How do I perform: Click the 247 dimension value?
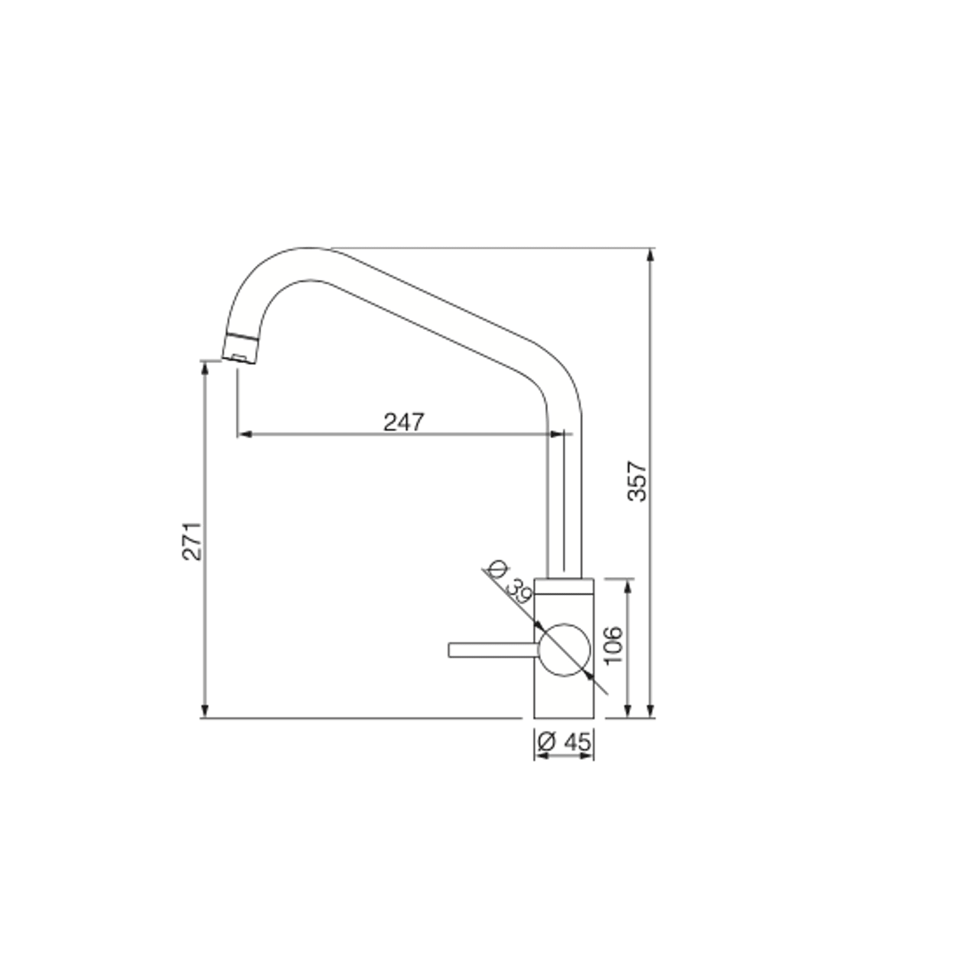click(x=404, y=422)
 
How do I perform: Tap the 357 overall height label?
click(x=637, y=481)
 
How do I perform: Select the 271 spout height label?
click(x=192, y=541)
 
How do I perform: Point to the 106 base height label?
click(x=613, y=645)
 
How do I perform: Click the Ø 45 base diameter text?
click(x=564, y=742)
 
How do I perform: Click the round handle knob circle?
click(x=564, y=650)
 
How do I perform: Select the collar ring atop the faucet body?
click(x=564, y=585)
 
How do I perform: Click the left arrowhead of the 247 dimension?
click(x=243, y=434)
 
